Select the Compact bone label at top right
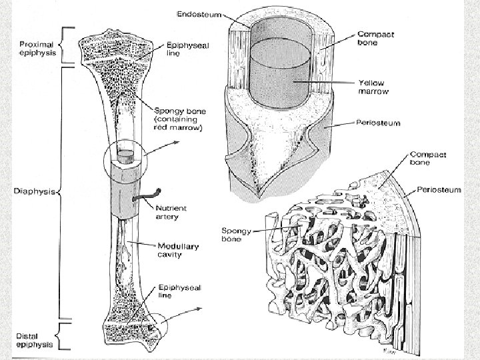coord(376,38)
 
